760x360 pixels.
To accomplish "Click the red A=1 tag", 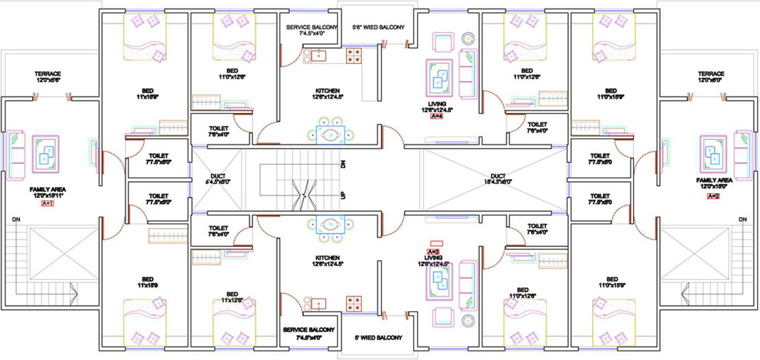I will coord(47,203).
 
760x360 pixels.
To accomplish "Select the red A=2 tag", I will coord(713,196).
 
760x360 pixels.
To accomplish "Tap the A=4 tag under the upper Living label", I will coord(436,117).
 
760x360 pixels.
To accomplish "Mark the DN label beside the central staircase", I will coord(343,164).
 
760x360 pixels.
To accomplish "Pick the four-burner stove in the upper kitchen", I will coord(355,55).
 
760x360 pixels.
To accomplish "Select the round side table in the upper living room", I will coord(468,39).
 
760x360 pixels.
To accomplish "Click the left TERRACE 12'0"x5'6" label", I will coord(48,77).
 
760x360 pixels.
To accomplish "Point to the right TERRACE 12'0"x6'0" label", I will coord(711,77).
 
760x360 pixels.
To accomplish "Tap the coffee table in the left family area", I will coord(46,153).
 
